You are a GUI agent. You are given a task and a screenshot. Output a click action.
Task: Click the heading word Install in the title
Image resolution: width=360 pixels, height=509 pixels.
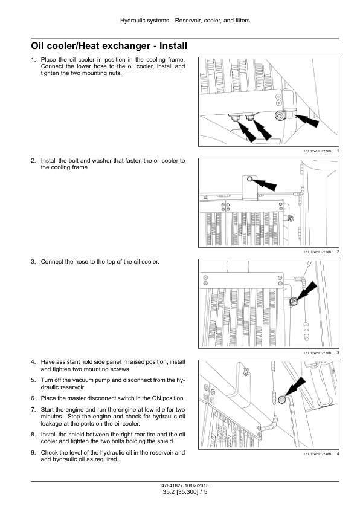coord(173,46)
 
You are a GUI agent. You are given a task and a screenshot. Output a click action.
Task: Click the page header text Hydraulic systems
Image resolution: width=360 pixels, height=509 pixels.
coord(144,21)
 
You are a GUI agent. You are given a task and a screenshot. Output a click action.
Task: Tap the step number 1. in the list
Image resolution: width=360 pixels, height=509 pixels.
coord(33,60)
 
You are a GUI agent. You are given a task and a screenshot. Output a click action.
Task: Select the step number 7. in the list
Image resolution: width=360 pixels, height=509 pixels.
coord(33,410)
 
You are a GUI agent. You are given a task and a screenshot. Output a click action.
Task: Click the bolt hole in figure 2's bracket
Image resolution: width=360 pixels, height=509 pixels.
coord(249,179)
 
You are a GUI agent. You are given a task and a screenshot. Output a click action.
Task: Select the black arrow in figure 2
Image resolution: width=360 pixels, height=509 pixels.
coord(265,185)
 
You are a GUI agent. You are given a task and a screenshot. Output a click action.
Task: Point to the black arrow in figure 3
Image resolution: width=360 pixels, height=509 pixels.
coord(306,291)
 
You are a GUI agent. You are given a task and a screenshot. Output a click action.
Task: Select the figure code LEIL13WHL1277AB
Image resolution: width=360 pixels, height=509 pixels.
coord(318,151)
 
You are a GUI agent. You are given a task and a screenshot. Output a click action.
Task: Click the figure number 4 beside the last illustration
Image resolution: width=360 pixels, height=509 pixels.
coord(338,453)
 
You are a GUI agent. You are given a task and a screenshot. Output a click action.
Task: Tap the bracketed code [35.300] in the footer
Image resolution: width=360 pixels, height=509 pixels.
coord(187,492)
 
